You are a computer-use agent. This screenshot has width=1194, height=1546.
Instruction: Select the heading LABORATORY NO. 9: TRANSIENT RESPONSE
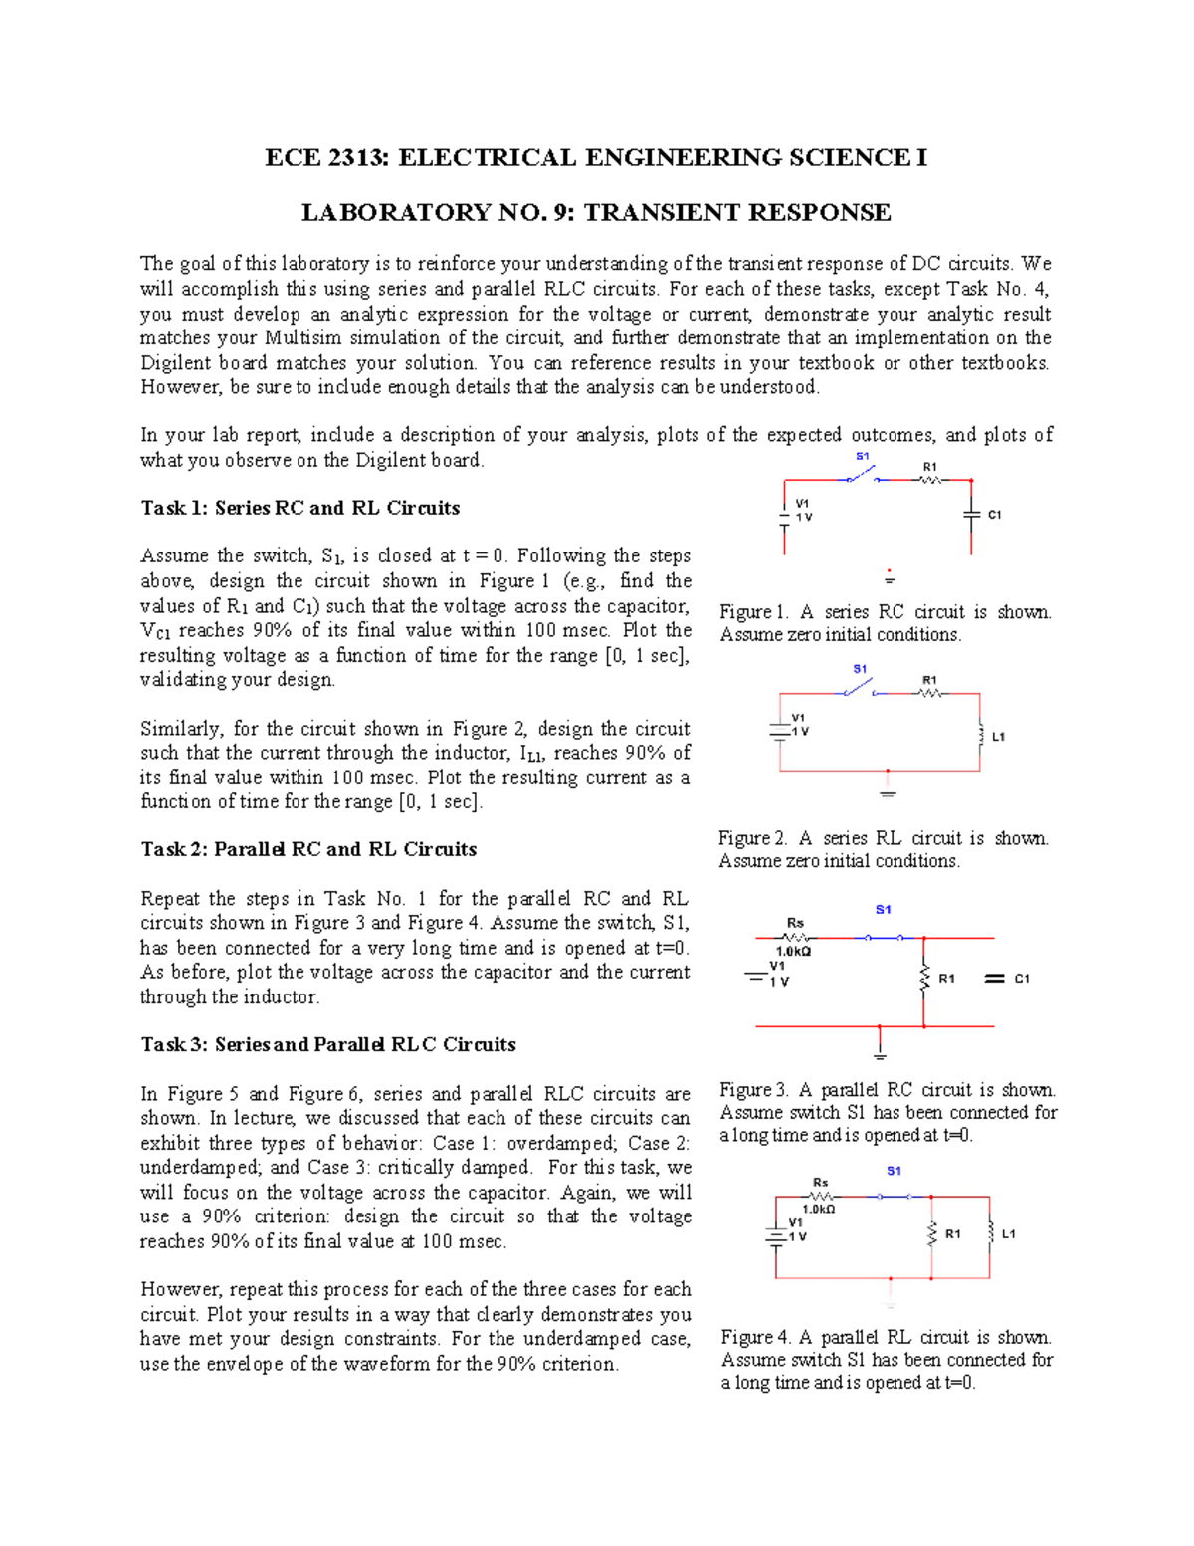pyautogui.click(x=596, y=213)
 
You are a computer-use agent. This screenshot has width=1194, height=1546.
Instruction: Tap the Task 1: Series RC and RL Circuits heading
pyautogui.click(x=299, y=508)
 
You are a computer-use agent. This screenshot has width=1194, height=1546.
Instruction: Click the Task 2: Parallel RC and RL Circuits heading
pyautogui.click(x=308, y=849)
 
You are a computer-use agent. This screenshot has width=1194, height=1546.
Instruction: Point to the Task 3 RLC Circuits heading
pyautogui.click(x=328, y=1044)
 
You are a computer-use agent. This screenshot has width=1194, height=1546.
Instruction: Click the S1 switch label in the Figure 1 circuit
pyautogui.click(x=863, y=456)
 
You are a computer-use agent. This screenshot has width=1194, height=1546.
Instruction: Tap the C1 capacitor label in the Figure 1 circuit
pyautogui.click(x=994, y=515)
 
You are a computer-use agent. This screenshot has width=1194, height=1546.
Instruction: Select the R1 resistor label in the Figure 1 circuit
pyautogui.click(x=929, y=466)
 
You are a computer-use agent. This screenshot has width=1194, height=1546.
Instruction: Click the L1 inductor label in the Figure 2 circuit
pyautogui.click(x=998, y=737)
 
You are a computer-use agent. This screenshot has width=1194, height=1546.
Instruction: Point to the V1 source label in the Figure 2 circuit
pyautogui.click(x=798, y=717)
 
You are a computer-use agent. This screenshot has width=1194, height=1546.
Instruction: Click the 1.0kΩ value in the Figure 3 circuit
pyautogui.click(x=793, y=951)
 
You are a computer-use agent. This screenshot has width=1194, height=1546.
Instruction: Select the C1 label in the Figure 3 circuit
pyautogui.click(x=1022, y=979)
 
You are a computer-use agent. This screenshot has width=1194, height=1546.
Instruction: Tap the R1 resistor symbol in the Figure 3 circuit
pyautogui.click(x=924, y=978)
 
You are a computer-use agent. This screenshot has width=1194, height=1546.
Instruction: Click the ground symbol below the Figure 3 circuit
pyautogui.click(x=880, y=1054)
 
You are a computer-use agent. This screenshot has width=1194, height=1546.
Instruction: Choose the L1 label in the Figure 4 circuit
pyautogui.click(x=1008, y=1234)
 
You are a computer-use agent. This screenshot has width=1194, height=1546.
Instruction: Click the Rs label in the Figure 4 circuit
pyautogui.click(x=820, y=1183)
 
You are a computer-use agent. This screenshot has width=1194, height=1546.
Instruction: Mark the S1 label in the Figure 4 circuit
pyautogui.click(x=894, y=1171)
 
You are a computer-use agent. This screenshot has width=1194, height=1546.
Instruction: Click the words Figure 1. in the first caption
pyautogui.click(x=753, y=612)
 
